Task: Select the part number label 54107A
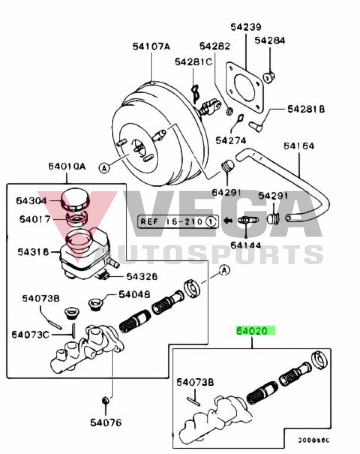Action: coord(151,46)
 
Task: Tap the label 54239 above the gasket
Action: coord(246,27)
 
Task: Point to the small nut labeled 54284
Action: coord(270,77)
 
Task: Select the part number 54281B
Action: coord(305,109)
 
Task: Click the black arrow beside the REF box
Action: coord(228,220)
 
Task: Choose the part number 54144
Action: coord(246,245)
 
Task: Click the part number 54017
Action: coord(34,219)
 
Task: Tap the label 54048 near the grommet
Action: coord(134,294)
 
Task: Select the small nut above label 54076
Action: coord(106,401)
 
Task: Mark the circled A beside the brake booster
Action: coord(104,168)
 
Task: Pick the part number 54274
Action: coord(231,140)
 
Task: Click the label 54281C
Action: coord(193,62)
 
